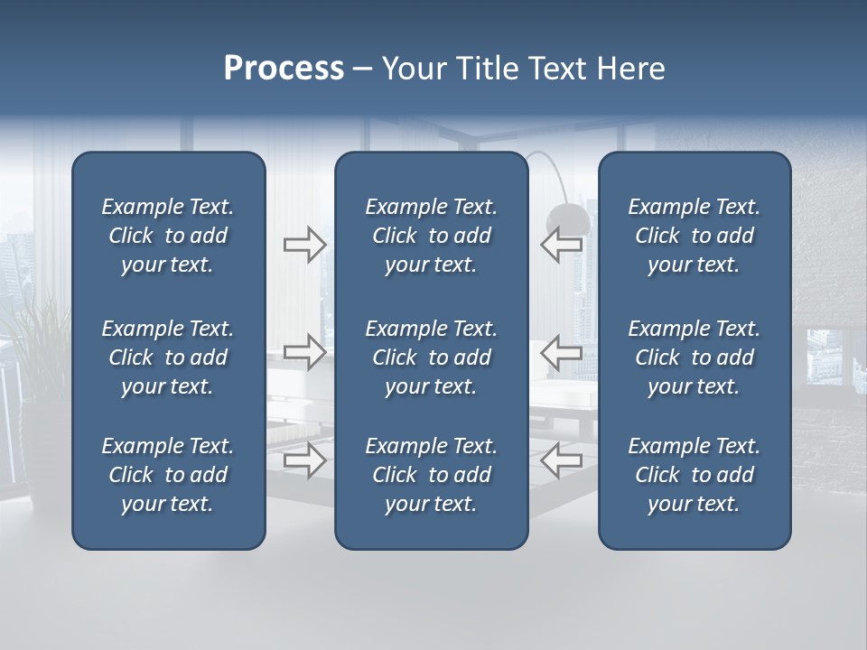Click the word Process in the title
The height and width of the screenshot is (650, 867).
(284, 69)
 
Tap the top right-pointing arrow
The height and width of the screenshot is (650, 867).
(304, 245)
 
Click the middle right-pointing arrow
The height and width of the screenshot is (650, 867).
(304, 352)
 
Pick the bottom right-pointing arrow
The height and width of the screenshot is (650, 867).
(304, 460)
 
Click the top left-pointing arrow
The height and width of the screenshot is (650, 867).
(561, 245)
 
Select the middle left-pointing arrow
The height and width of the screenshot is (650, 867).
(561, 352)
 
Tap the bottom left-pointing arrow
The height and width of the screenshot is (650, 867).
(561, 460)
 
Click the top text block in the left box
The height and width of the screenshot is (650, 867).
(168, 236)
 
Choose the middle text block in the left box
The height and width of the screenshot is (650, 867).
(168, 357)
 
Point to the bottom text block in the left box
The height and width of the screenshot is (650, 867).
(168, 475)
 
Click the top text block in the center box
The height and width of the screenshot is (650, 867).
(431, 236)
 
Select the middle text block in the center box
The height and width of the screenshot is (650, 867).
(431, 357)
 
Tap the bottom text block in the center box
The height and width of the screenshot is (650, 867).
(431, 475)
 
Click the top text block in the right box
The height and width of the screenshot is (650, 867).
(694, 236)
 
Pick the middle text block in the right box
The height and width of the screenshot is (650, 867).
(694, 357)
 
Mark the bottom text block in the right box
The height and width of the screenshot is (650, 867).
(694, 475)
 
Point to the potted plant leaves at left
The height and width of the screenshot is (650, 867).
(36, 334)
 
